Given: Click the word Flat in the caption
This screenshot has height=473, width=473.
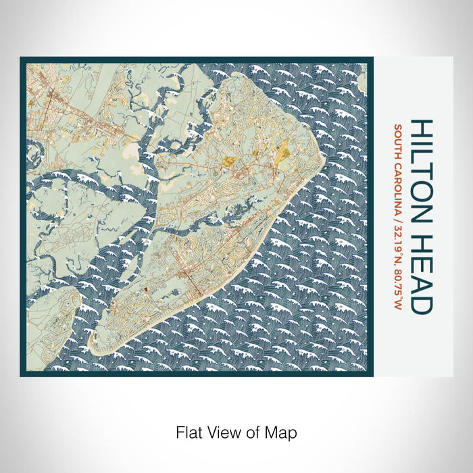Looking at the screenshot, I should click(189, 431).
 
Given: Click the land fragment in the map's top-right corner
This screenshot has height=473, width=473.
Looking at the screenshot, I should click(363, 82).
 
